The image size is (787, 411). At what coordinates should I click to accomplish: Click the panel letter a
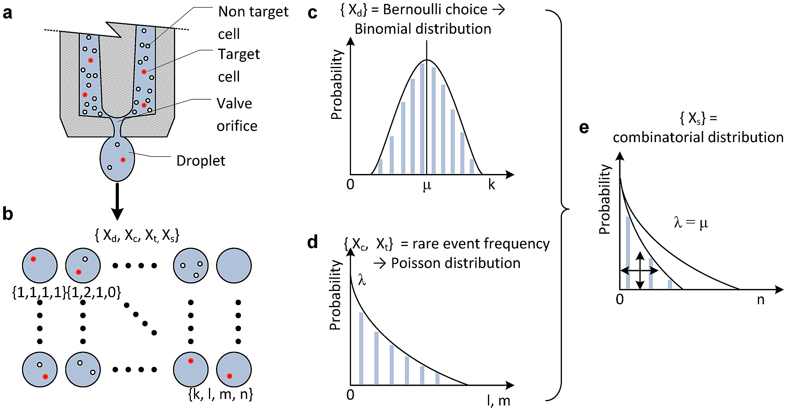coord(7,13)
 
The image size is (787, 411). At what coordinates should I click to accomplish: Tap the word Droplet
coord(201,161)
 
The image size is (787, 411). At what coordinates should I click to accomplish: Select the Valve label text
coord(234,104)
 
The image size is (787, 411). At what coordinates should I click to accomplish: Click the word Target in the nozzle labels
coord(239,54)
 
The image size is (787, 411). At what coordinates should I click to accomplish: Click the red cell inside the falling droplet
coord(123,160)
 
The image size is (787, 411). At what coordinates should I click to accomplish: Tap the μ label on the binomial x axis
coord(427,185)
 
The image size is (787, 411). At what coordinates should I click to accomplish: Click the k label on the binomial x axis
coord(491,184)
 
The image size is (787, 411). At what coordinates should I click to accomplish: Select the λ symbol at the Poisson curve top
coord(362,280)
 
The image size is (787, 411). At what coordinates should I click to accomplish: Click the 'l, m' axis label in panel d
coord(499,401)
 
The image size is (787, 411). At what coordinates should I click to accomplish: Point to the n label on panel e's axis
coord(761,300)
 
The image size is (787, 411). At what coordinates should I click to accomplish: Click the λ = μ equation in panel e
coord(691,223)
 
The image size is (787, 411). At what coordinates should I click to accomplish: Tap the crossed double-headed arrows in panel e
coord(639,270)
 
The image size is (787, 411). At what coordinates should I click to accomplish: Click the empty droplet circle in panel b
coord(234,265)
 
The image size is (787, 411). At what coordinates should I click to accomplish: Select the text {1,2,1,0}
coord(94,292)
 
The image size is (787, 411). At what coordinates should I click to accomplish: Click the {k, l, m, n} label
coord(221,394)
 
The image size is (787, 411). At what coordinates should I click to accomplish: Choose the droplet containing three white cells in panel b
coord(191,265)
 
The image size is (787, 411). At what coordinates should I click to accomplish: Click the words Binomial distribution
coord(423,29)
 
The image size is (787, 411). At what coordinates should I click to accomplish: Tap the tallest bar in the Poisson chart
coord(361,348)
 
